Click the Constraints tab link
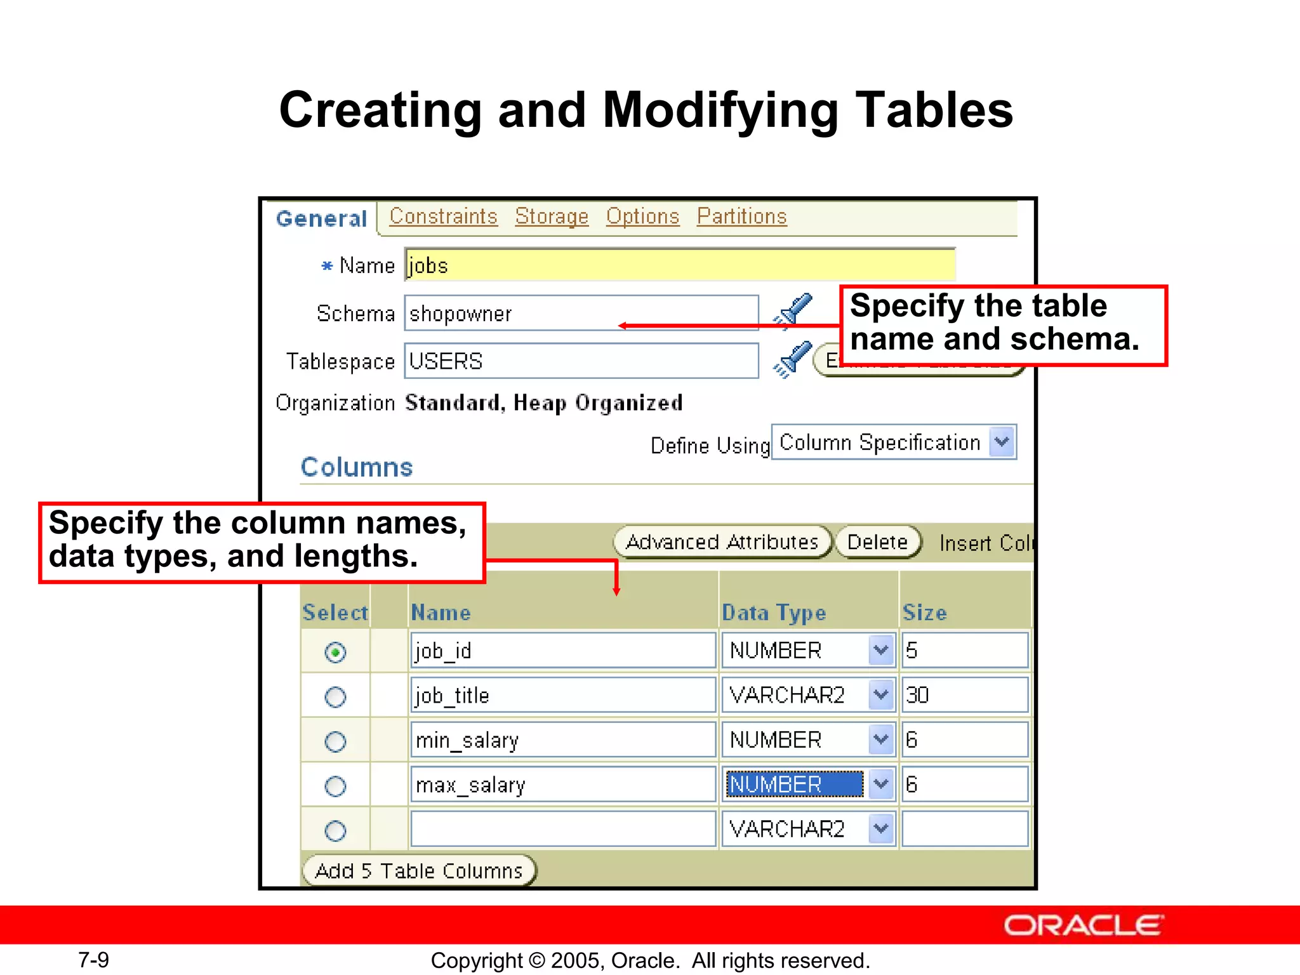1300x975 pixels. click(443, 216)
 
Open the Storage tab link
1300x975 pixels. click(552, 216)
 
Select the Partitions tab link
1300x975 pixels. click(741, 216)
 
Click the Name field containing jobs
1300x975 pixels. click(679, 265)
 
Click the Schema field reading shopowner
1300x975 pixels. click(581, 313)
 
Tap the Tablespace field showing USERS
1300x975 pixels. click(581, 361)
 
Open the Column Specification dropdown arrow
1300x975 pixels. click(1002, 442)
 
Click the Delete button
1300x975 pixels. click(877, 542)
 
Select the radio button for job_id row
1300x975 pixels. click(335, 652)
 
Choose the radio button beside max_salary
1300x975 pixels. click(335, 786)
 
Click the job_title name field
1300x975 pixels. click(562, 696)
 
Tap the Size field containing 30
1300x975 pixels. click(964, 696)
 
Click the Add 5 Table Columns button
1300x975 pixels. click(419, 871)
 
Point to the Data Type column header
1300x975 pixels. click(774, 613)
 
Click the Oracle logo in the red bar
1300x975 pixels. click(1083, 925)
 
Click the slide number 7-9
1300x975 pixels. click(93, 960)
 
